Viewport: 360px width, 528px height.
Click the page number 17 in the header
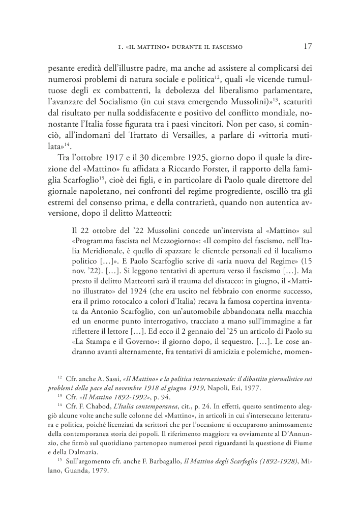click(308, 47)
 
